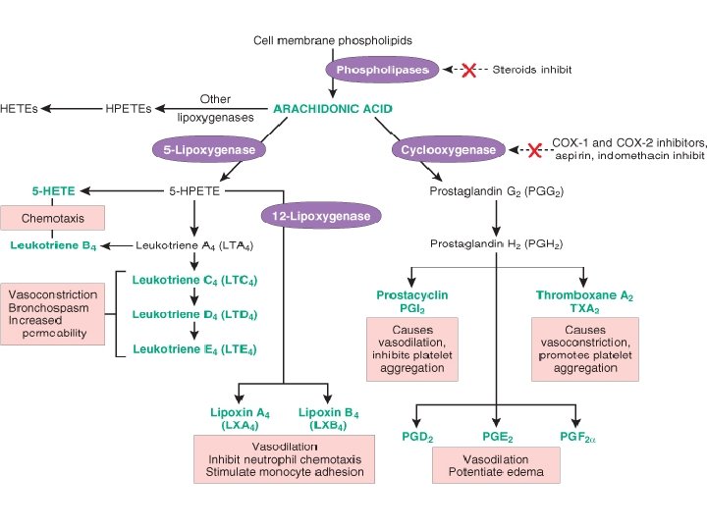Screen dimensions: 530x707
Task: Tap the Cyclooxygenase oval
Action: point(449,149)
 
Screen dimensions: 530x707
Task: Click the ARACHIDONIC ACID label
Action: point(333,107)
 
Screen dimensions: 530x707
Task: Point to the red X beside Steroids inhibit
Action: point(468,70)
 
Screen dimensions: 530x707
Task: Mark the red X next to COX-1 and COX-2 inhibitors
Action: point(534,149)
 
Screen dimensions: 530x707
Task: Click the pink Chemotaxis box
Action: point(52,218)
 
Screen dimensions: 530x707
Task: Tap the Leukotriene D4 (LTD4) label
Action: point(194,314)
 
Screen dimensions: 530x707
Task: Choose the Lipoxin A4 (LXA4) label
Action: point(241,418)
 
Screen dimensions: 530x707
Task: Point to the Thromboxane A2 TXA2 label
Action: point(584,300)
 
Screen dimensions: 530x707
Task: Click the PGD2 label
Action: point(417,437)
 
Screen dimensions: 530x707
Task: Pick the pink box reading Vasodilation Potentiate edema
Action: point(495,465)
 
